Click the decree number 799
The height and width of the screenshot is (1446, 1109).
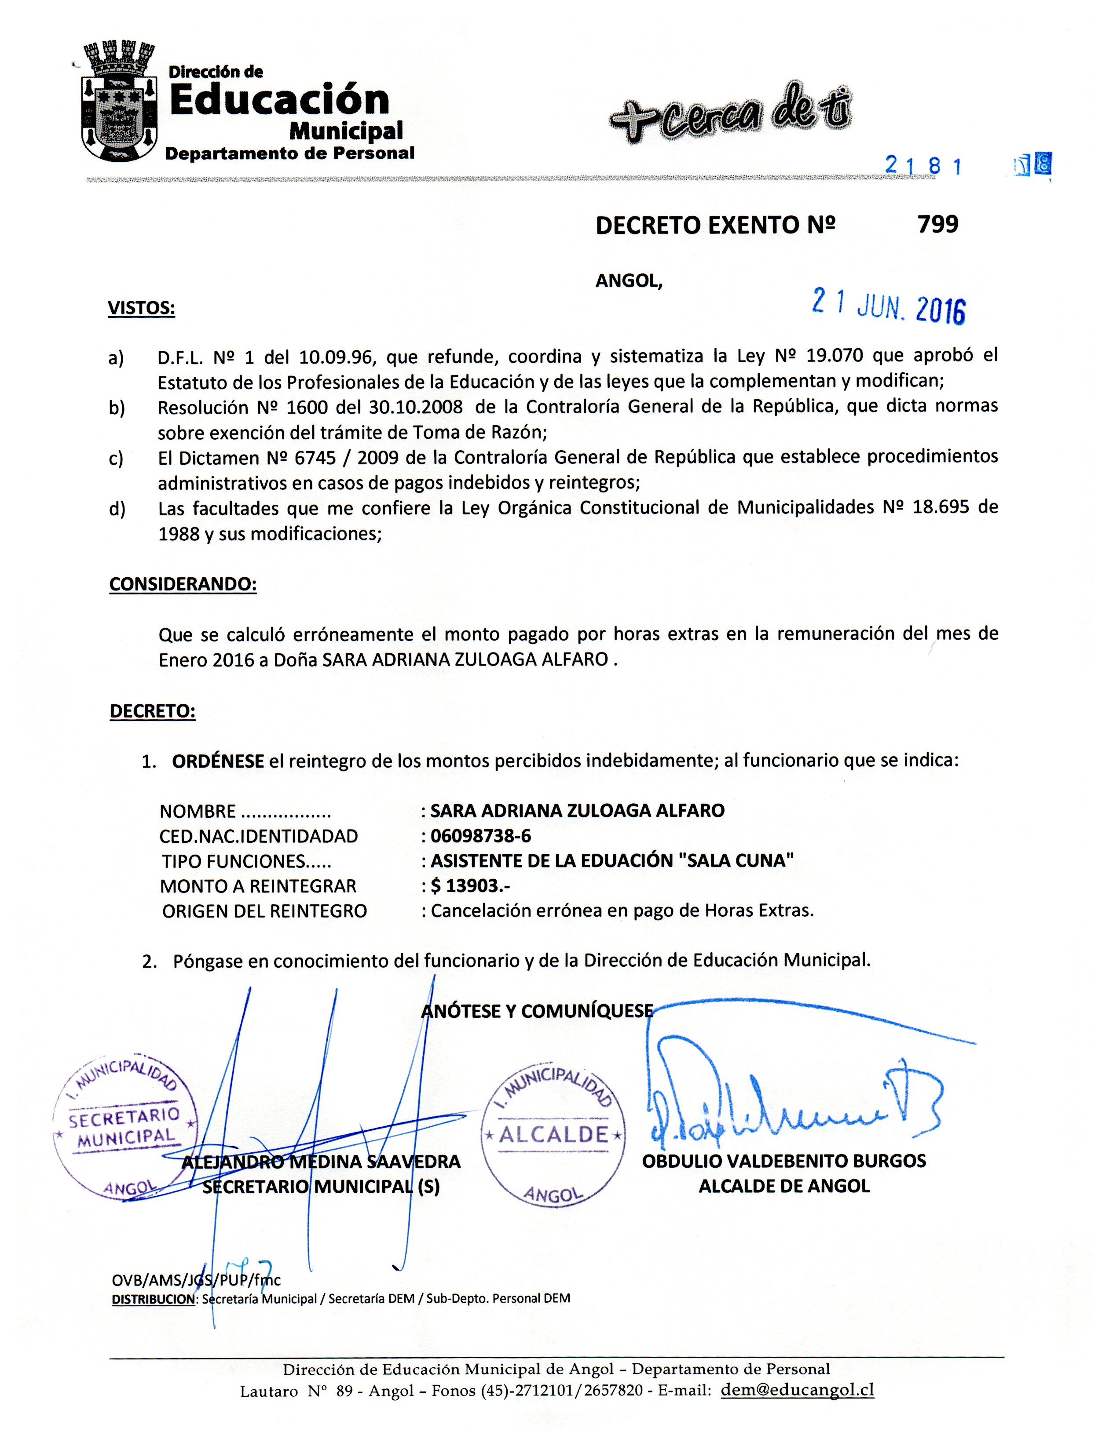click(x=937, y=225)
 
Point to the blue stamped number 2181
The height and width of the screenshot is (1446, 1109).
click(x=923, y=166)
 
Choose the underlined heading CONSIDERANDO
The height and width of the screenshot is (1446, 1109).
click(x=183, y=584)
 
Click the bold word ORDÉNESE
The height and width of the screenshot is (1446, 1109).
click(x=218, y=761)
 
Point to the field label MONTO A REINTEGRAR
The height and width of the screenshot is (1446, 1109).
click(x=258, y=886)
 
